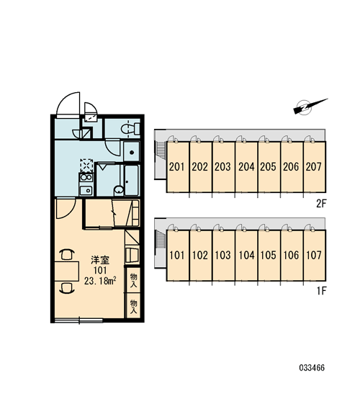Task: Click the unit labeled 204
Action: [246, 167]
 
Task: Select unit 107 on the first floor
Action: [315, 255]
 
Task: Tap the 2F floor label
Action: [321, 204]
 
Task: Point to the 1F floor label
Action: [322, 291]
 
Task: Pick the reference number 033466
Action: [312, 367]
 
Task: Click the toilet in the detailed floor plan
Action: [130, 129]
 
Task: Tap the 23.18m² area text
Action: [100, 281]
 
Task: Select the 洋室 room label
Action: [100, 260]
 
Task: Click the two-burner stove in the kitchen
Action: [86, 177]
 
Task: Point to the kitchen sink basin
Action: [86, 190]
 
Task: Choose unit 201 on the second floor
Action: [178, 167]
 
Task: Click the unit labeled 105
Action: [269, 255]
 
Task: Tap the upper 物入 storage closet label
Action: [133, 281]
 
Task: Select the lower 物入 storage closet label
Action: [133, 307]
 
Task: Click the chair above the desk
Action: [67, 255]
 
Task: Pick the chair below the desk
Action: [67, 288]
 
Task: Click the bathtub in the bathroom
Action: [132, 180]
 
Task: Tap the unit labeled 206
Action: [292, 167]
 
